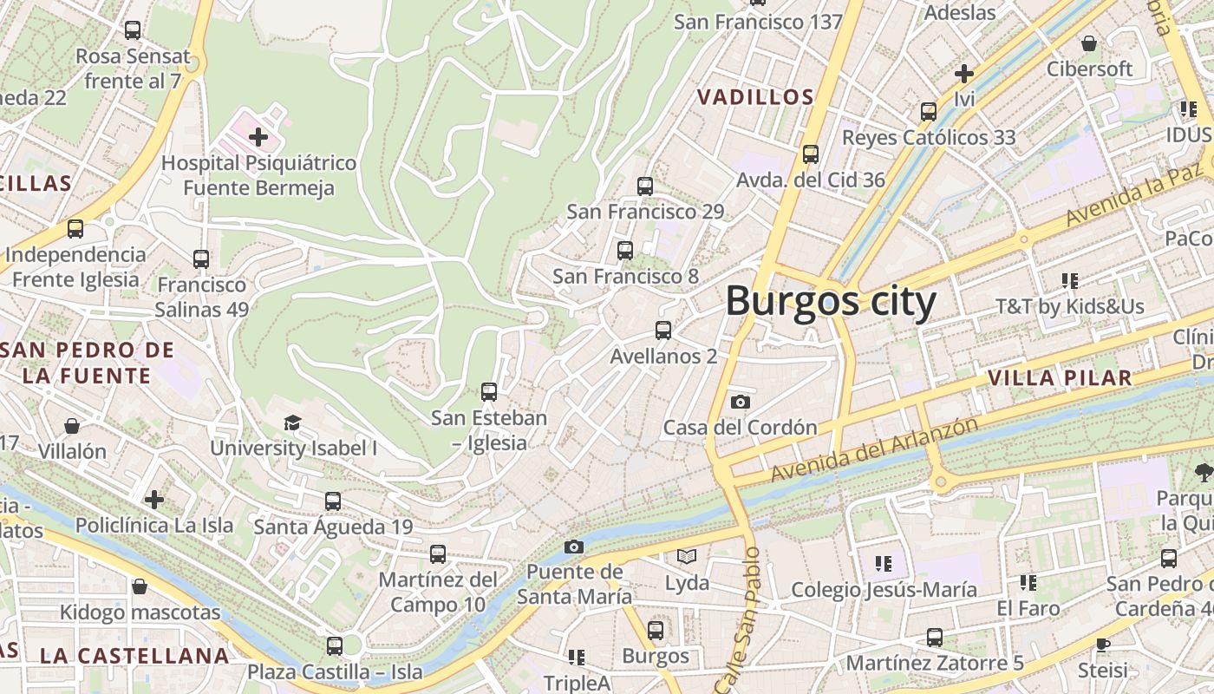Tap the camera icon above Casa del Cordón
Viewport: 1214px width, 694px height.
coord(740,402)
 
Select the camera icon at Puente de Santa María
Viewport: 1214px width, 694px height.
coord(573,547)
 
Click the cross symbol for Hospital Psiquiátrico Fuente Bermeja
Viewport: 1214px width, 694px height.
coord(258,137)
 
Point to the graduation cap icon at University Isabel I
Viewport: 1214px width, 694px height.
coord(292,422)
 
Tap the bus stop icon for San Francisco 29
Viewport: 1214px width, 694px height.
coord(644,186)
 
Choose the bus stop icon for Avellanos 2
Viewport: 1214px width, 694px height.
coord(663,331)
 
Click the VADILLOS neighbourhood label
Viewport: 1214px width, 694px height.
coord(756,97)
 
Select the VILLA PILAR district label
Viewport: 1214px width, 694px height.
coord(1060,377)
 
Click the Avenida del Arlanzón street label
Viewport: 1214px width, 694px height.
coord(874,450)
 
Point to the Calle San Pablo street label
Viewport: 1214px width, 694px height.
coord(741,620)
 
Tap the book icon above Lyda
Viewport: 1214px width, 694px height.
coord(687,556)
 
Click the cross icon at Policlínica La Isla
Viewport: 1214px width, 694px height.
coord(154,500)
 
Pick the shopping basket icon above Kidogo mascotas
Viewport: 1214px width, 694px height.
coord(140,587)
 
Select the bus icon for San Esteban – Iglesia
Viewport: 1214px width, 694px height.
coord(489,392)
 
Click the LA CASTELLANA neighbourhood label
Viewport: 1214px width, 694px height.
coord(134,655)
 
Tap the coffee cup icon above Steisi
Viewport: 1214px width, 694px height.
coord(1102,645)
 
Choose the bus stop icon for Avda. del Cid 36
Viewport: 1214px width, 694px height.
coord(811,154)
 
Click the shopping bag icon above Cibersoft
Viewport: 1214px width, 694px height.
coord(1089,43)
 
